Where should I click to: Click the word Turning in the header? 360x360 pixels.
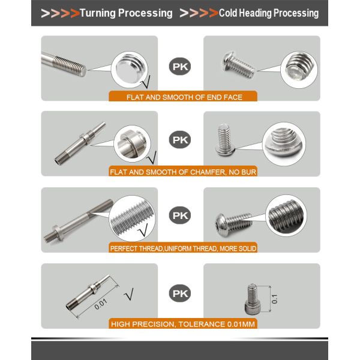(x=98, y=13)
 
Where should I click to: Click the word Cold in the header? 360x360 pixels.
(x=228, y=13)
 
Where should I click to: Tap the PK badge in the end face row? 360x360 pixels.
(x=180, y=67)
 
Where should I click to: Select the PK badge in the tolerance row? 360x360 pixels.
(x=180, y=293)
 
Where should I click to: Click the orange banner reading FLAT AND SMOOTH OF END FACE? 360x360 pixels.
(x=183, y=96)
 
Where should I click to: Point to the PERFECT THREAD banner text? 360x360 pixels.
(x=183, y=248)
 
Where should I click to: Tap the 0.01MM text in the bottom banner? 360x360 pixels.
(x=241, y=324)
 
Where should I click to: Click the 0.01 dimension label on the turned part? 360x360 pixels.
(x=101, y=304)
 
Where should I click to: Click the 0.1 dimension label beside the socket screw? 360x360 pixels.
(x=274, y=299)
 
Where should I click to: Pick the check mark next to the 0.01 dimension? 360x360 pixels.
(x=129, y=294)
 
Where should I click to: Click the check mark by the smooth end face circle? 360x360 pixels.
(x=145, y=82)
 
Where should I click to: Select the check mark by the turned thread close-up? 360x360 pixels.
(x=143, y=230)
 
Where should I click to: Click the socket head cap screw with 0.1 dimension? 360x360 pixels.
(x=251, y=299)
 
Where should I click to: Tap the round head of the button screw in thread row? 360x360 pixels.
(x=221, y=225)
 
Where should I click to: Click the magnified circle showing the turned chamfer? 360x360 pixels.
(x=132, y=144)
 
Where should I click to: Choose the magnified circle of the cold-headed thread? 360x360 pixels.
(x=286, y=215)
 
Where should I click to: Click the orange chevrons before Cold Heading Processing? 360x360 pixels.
(x=199, y=13)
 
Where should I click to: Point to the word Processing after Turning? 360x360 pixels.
(x=145, y=14)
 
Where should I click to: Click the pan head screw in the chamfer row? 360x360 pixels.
(x=225, y=140)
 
